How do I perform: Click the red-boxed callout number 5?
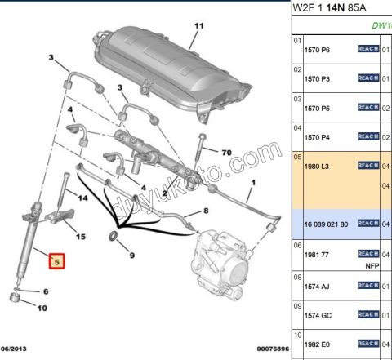click(56, 262)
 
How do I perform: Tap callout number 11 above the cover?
click(196, 26)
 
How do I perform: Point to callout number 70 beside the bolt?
click(226, 152)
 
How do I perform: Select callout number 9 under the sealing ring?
click(131, 256)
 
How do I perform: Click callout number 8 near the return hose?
click(206, 211)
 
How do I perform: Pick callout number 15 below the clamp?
click(81, 237)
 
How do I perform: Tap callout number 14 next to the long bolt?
click(82, 198)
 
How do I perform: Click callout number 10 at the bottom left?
click(42, 309)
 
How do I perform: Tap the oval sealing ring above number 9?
click(114, 238)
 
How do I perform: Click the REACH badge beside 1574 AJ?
click(367, 286)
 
